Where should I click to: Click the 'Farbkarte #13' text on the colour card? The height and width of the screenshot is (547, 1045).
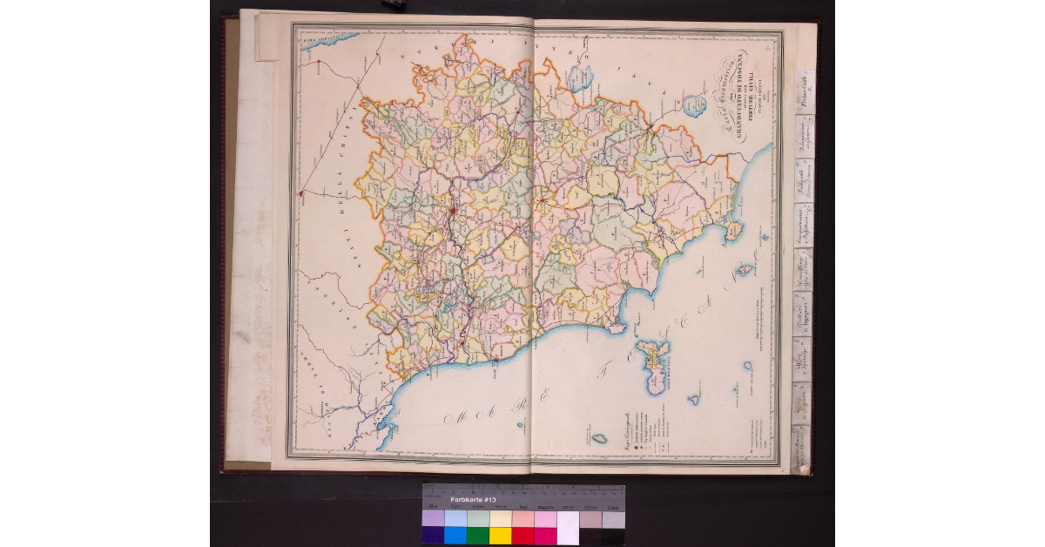tap(472, 500)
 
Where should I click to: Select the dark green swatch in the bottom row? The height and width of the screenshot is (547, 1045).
tap(478, 535)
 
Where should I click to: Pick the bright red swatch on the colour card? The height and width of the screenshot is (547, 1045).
tap(523, 535)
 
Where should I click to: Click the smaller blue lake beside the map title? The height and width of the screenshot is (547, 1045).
tap(695, 106)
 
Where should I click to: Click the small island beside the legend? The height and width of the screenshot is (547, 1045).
tap(598, 439)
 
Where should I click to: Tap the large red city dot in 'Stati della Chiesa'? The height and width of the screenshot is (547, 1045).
tap(301, 192)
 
